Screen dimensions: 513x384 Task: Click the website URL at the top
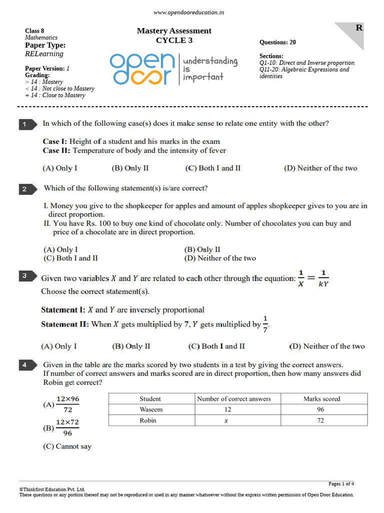click(x=188, y=13)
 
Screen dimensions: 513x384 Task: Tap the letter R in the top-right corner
click(x=359, y=28)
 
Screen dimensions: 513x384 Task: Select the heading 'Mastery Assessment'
click(x=174, y=31)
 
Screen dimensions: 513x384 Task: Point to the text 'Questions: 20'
click(x=277, y=43)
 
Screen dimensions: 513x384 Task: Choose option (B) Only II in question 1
click(x=130, y=168)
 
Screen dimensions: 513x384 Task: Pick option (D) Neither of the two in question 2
click(x=220, y=259)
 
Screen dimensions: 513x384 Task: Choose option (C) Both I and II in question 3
click(x=216, y=346)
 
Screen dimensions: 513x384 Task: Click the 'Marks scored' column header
click(x=321, y=399)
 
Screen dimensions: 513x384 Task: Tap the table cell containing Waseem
click(x=151, y=409)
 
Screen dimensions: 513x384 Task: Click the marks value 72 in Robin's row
click(x=320, y=421)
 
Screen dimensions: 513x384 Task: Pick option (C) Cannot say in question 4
click(x=67, y=446)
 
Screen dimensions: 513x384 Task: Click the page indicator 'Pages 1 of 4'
click(x=341, y=484)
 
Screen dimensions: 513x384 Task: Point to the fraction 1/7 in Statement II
click(x=265, y=324)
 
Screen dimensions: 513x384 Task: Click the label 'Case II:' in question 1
click(x=56, y=150)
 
